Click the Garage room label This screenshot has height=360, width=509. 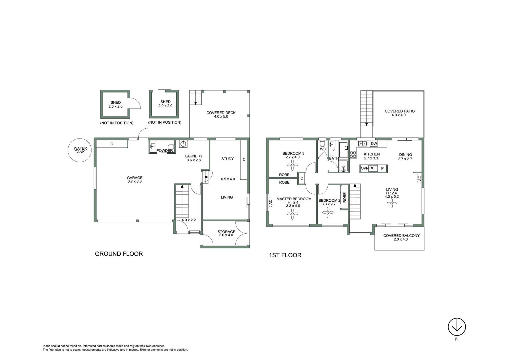pyautogui.click(x=135, y=180)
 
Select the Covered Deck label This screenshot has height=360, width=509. pyautogui.click(x=221, y=115)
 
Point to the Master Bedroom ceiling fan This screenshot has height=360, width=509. pyautogui.click(x=292, y=214)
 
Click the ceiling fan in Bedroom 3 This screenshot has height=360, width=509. pyautogui.click(x=292, y=165)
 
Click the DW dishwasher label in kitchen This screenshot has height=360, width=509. pyautogui.click(x=374, y=144)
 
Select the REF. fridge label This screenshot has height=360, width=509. pyautogui.click(x=373, y=168)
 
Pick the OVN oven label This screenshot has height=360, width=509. pyautogui.click(x=365, y=168)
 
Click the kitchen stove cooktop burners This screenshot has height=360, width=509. pyautogui.click(x=353, y=155)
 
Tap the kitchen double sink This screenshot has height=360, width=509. pyautogui.click(x=362, y=144)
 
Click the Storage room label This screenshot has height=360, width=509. pyautogui.click(x=226, y=233)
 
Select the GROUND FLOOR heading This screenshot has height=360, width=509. pyautogui.click(x=119, y=254)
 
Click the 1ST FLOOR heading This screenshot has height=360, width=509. pyautogui.click(x=285, y=255)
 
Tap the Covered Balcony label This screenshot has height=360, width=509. pyautogui.click(x=401, y=237)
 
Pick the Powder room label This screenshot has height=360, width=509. pyautogui.click(x=165, y=150)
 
